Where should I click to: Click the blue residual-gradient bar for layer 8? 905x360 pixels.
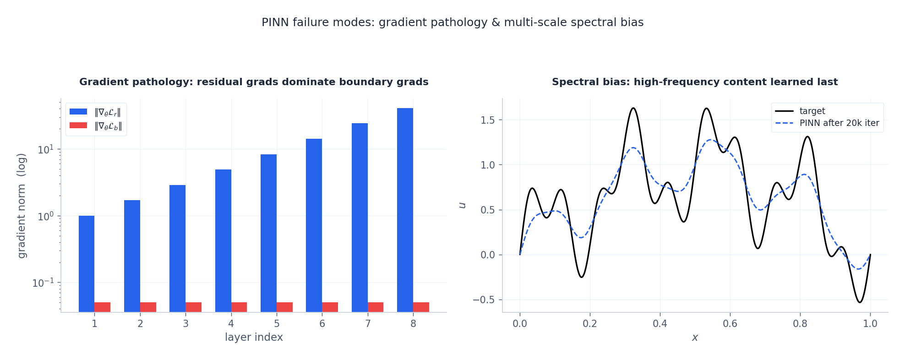(x=405, y=210)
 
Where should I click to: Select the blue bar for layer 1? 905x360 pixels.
(x=87, y=264)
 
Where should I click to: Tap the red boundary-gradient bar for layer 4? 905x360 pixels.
(x=239, y=307)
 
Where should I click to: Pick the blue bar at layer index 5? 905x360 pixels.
(x=268, y=233)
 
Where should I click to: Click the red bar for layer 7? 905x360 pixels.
(x=376, y=307)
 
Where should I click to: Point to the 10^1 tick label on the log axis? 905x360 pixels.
(x=46, y=149)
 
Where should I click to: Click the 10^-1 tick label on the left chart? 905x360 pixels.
(x=43, y=283)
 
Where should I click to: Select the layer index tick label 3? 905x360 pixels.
(x=185, y=324)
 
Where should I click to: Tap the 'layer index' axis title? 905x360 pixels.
(x=254, y=338)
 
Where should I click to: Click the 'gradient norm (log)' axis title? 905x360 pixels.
(x=22, y=206)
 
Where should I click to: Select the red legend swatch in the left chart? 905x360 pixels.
(x=78, y=125)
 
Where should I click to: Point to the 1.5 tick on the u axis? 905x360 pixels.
(x=488, y=120)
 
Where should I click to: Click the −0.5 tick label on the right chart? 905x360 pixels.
(x=485, y=300)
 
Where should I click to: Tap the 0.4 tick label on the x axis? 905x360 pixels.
(x=660, y=324)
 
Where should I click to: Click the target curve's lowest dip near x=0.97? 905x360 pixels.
(x=859, y=302)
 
